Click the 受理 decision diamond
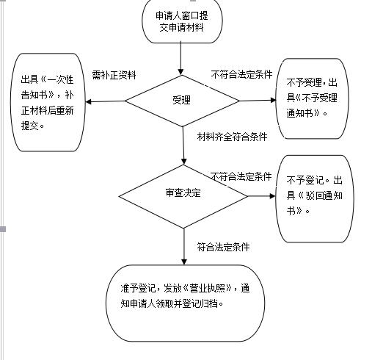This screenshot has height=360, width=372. point(182,101)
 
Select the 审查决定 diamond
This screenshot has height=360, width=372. point(183,196)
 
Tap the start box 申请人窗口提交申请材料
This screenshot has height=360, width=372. point(182,21)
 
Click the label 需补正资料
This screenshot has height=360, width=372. point(114,75)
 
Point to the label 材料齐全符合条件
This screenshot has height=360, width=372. point(233,137)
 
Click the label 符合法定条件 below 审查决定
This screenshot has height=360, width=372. point(224,247)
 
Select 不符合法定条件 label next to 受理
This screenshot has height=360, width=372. point(241,74)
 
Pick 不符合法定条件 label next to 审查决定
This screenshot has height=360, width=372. point(241,176)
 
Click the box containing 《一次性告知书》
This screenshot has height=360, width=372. point(48,102)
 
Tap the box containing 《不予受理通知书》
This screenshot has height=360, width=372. point(312,98)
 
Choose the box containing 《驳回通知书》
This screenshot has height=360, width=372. point(315,198)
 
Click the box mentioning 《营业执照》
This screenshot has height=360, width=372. point(185,303)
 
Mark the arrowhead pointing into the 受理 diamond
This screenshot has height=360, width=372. point(180,72)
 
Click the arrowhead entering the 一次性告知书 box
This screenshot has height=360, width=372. point(88,101)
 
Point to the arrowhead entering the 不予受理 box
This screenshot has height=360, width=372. point(273,100)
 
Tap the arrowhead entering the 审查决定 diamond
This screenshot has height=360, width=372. point(184,161)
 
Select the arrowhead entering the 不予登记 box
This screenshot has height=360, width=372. point(272,196)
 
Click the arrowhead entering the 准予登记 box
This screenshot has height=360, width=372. point(184,262)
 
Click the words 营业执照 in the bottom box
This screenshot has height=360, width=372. point(208,288)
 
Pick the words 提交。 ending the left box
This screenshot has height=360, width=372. point(32,126)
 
